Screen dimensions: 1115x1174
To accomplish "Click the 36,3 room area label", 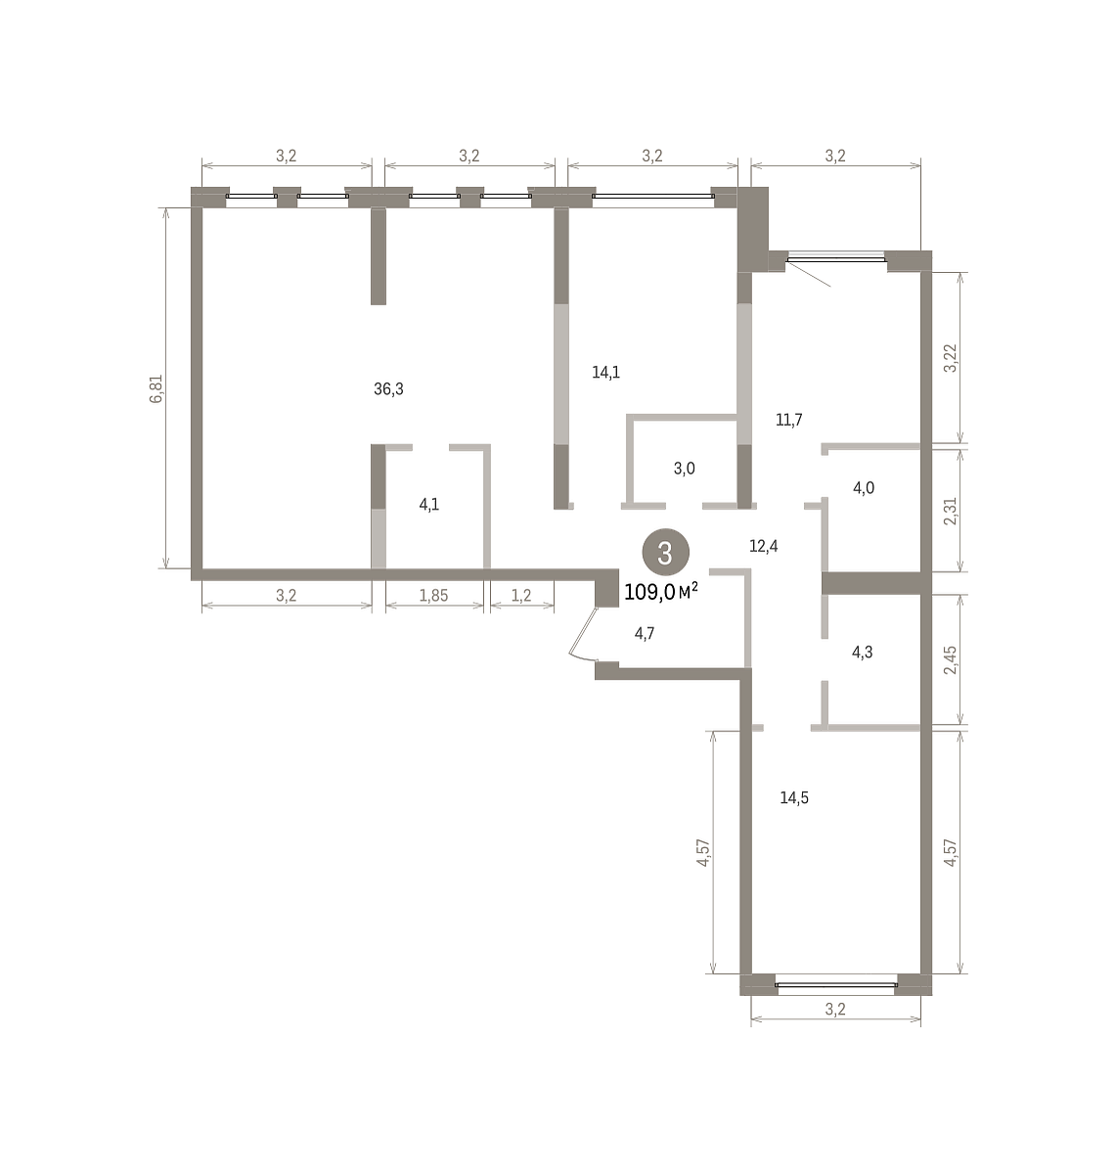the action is tap(388, 389).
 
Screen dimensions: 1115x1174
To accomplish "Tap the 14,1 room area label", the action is tap(605, 373).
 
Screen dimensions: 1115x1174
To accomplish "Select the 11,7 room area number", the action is tap(788, 420).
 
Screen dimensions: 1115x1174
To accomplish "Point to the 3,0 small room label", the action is tap(684, 469).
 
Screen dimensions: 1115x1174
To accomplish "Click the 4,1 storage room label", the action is tap(428, 505).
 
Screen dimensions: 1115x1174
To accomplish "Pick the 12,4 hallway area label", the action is tap(763, 546).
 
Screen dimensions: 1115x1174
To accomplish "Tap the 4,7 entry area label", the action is tap(645, 633).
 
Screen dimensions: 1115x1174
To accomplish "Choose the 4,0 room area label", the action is tap(864, 488).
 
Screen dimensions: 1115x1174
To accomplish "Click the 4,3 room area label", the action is tap(862, 653).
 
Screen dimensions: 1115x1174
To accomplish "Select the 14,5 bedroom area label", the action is tap(794, 797).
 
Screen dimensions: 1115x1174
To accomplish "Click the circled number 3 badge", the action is tap(665, 553).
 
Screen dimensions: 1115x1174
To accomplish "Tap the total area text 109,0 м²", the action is tap(661, 592).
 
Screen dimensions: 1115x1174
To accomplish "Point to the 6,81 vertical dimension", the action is tap(156, 389).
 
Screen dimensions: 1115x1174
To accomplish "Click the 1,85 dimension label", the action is tap(433, 596).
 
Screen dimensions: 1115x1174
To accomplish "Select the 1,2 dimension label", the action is tap(521, 596).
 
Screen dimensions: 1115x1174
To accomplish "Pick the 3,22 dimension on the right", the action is tap(950, 358).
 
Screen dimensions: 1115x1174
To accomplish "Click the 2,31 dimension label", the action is tap(950, 511).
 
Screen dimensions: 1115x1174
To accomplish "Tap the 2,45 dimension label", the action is tap(950, 659).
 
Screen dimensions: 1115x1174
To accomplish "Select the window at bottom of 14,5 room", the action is tap(835, 985).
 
